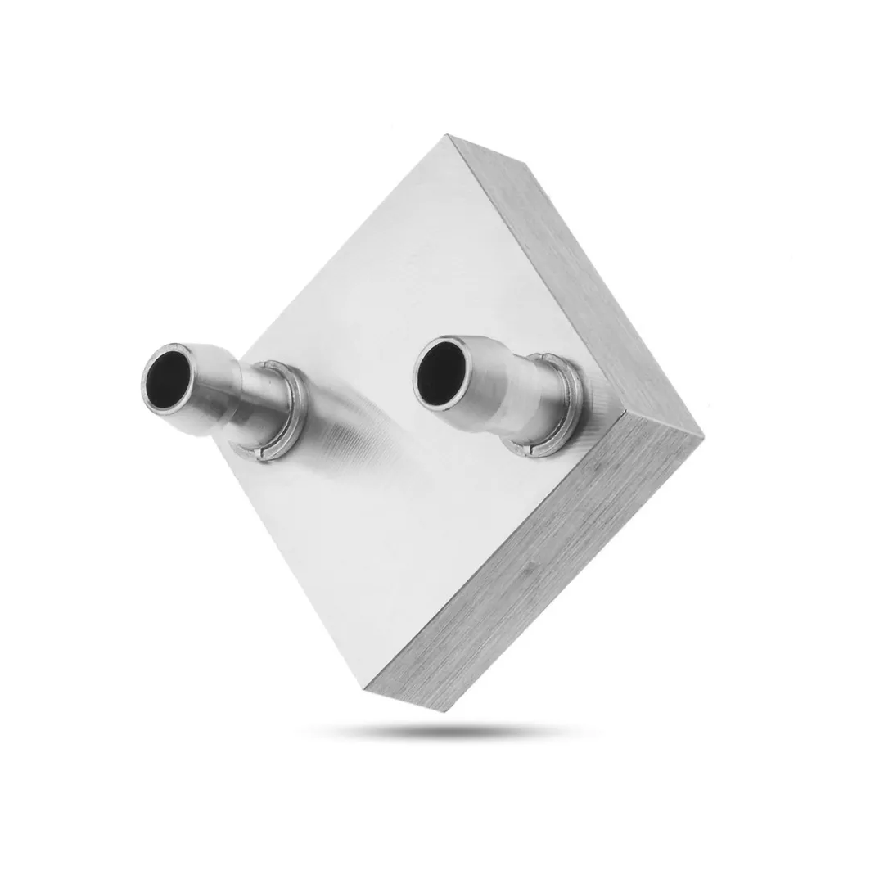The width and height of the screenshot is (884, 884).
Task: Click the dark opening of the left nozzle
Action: pyautogui.click(x=169, y=379)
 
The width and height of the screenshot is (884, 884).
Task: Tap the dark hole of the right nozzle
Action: pyautogui.click(x=441, y=373)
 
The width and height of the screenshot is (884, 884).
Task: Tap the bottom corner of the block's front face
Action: pyautogui.click(x=365, y=686)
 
